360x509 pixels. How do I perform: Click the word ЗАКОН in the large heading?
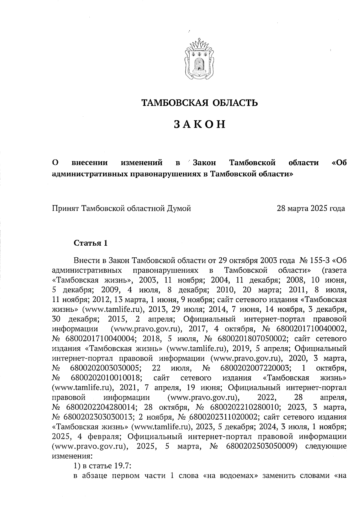click(199, 124)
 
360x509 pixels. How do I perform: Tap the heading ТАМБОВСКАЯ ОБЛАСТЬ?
click(199, 103)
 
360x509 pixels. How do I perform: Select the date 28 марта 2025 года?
click(311, 208)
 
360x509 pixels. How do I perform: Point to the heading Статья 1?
click(90, 243)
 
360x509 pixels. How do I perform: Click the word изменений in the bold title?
click(142, 163)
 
